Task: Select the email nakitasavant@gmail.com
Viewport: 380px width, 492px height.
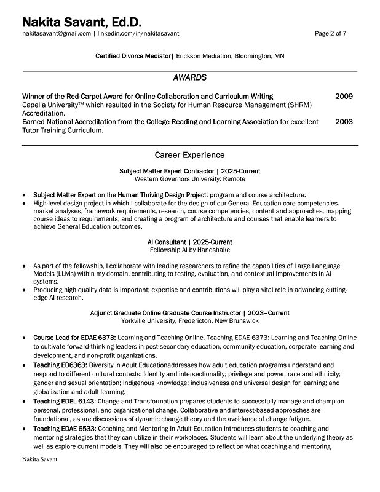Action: (x=57, y=34)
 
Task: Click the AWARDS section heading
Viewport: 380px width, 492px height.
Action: (x=189, y=78)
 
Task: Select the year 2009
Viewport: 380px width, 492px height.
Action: (x=344, y=97)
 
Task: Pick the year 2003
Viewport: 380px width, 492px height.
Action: (x=344, y=122)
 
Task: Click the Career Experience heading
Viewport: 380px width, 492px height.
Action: (x=189, y=154)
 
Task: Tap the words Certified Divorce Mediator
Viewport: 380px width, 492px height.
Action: (x=133, y=57)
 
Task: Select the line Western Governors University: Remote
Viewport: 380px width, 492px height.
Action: (x=189, y=179)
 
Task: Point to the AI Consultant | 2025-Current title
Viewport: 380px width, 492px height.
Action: (x=189, y=242)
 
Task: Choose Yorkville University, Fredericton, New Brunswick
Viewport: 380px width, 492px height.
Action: (x=189, y=321)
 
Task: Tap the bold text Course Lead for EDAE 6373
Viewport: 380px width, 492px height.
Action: (x=74, y=338)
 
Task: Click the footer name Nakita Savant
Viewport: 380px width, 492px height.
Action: (x=39, y=459)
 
